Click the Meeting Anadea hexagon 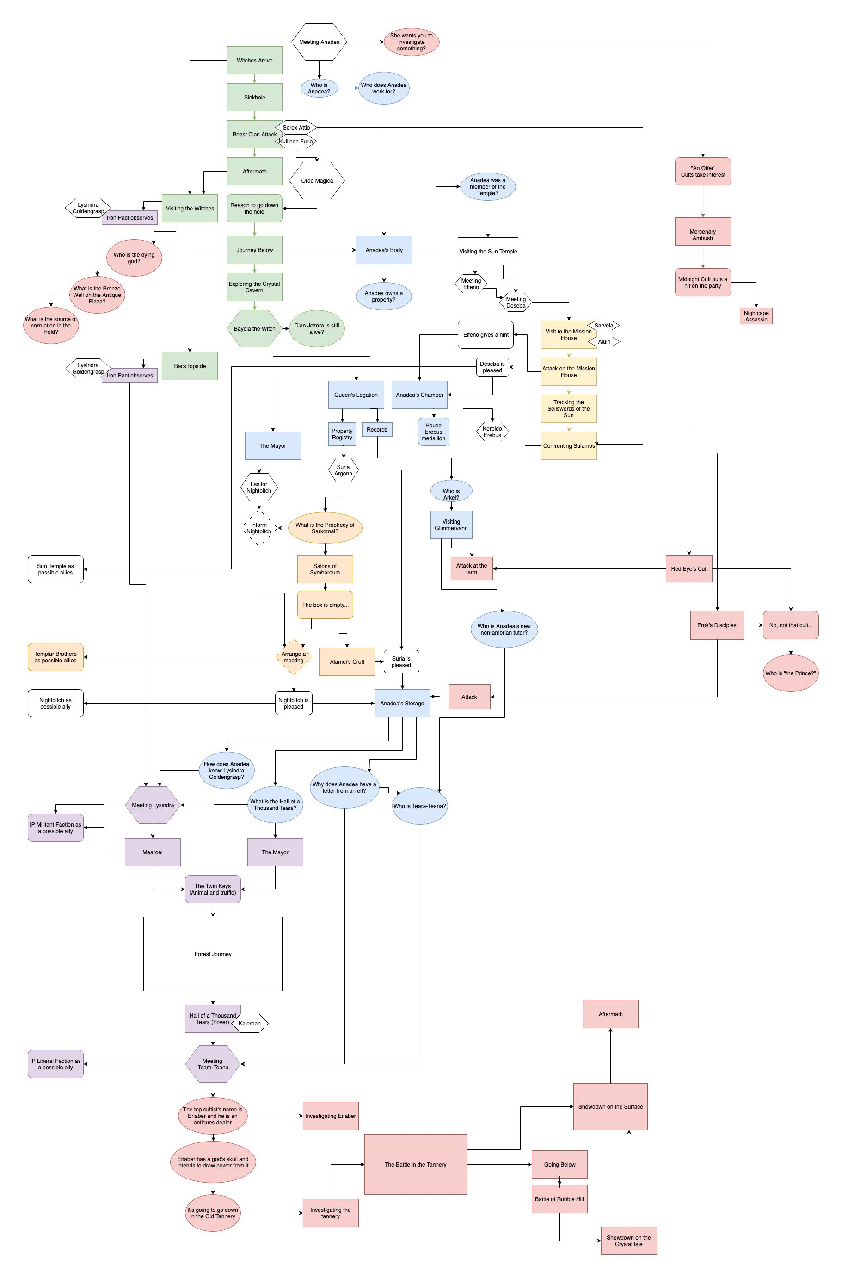pyautogui.click(x=319, y=42)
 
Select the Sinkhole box pyautogui.click(x=254, y=97)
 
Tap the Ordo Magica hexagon pyautogui.click(x=317, y=180)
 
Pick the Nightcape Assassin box pyautogui.click(x=756, y=316)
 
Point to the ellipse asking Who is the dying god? pyautogui.click(x=134, y=258)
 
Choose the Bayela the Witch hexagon pyautogui.click(x=254, y=328)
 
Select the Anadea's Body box pyautogui.click(x=383, y=250)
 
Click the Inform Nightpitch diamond pyautogui.click(x=259, y=528)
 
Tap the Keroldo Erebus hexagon pyautogui.click(x=492, y=432)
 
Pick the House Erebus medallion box pyautogui.click(x=433, y=432)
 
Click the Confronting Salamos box pyautogui.click(x=569, y=445)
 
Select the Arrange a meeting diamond pyautogui.click(x=293, y=656)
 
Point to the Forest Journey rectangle pyautogui.click(x=213, y=954)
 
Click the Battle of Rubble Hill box pyautogui.click(x=559, y=1198)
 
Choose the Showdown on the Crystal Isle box pyautogui.click(x=628, y=1241)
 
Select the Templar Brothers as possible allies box pyautogui.click(x=55, y=656)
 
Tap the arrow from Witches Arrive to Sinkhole pyautogui.click(x=254, y=79)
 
